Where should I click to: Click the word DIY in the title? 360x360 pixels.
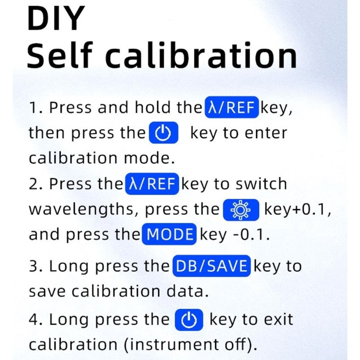(56, 18)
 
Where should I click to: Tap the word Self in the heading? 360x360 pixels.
(60, 55)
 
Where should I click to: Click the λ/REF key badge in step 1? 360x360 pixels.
(232, 107)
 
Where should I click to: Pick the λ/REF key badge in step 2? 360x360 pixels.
(152, 184)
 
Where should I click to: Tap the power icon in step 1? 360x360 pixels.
(163, 133)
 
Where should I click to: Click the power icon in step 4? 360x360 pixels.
(189, 319)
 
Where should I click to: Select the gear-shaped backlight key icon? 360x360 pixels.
(241, 210)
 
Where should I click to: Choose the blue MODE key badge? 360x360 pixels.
(169, 234)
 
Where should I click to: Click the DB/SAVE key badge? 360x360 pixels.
(211, 266)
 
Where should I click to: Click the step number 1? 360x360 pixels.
(33, 108)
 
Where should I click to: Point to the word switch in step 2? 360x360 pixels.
(261, 184)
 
